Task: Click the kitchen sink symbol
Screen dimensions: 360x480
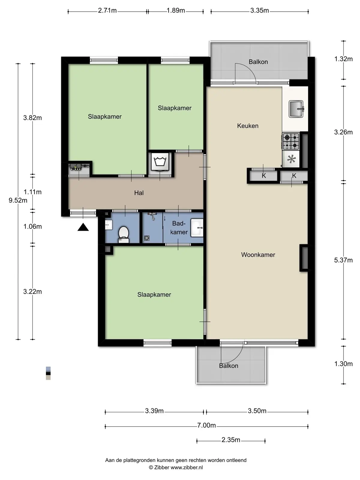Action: (296, 109)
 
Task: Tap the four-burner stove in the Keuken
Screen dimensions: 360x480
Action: (291, 141)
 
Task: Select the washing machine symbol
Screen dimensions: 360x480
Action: (160, 161)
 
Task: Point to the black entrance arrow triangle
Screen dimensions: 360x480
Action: (83, 227)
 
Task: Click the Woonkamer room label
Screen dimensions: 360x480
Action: (258, 255)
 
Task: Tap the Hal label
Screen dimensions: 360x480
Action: (139, 193)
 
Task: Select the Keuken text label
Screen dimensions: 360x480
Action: (248, 126)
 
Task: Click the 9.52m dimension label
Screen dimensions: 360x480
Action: (18, 200)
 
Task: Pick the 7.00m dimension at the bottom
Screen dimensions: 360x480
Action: (206, 425)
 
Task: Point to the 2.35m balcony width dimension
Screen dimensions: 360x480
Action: (231, 440)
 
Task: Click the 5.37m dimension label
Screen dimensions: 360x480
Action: (343, 260)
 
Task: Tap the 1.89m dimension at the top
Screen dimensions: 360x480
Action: (176, 10)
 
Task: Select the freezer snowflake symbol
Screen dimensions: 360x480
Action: (291, 159)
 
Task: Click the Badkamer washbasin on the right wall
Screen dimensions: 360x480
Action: (197, 228)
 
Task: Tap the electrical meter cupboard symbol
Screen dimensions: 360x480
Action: (79, 167)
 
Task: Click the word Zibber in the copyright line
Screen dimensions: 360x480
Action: (161, 467)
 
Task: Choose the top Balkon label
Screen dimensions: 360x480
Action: (258, 62)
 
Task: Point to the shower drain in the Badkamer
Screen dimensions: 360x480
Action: (147, 238)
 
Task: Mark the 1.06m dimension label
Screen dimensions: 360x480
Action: (33, 226)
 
